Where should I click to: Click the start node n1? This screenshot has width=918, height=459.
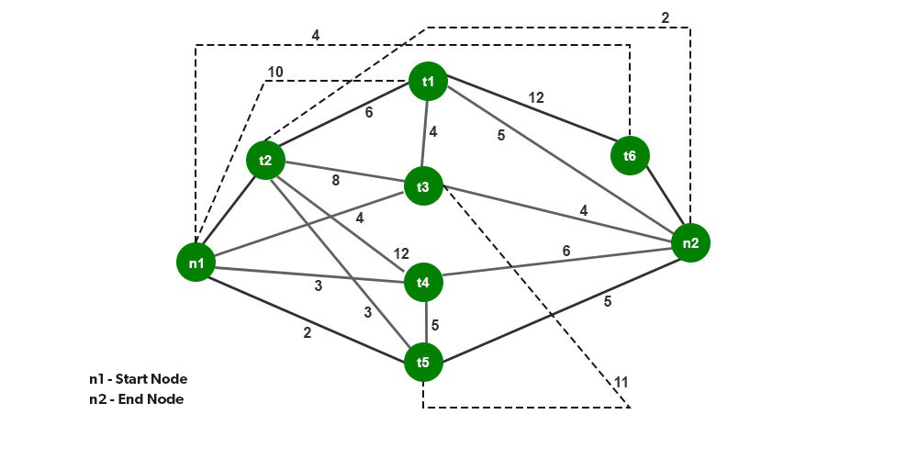[196, 263]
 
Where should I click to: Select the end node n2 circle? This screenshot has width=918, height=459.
[690, 243]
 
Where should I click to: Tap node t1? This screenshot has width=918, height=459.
[428, 82]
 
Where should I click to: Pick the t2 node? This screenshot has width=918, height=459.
[265, 161]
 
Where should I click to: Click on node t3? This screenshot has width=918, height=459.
[422, 187]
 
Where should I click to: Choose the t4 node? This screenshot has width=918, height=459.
[422, 283]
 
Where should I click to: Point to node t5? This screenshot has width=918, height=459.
[422, 363]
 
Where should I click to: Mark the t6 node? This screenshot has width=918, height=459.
[629, 156]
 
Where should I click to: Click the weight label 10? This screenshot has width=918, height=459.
[275, 72]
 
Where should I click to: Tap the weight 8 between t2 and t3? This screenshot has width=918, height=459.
[335, 181]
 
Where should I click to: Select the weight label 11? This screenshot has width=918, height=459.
[621, 381]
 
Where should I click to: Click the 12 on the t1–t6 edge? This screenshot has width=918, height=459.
[536, 97]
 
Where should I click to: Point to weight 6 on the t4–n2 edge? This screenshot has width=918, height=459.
[566, 251]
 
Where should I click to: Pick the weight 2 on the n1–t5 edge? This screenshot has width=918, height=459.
[307, 332]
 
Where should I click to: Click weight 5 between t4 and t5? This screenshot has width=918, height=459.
[435, 324]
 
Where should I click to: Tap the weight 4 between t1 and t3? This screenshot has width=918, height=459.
[433, 131]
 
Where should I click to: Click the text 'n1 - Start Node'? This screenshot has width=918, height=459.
[139, 378]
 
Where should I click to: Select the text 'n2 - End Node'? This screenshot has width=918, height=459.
[136, 398]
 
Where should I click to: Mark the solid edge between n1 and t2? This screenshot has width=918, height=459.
[229, 213]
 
